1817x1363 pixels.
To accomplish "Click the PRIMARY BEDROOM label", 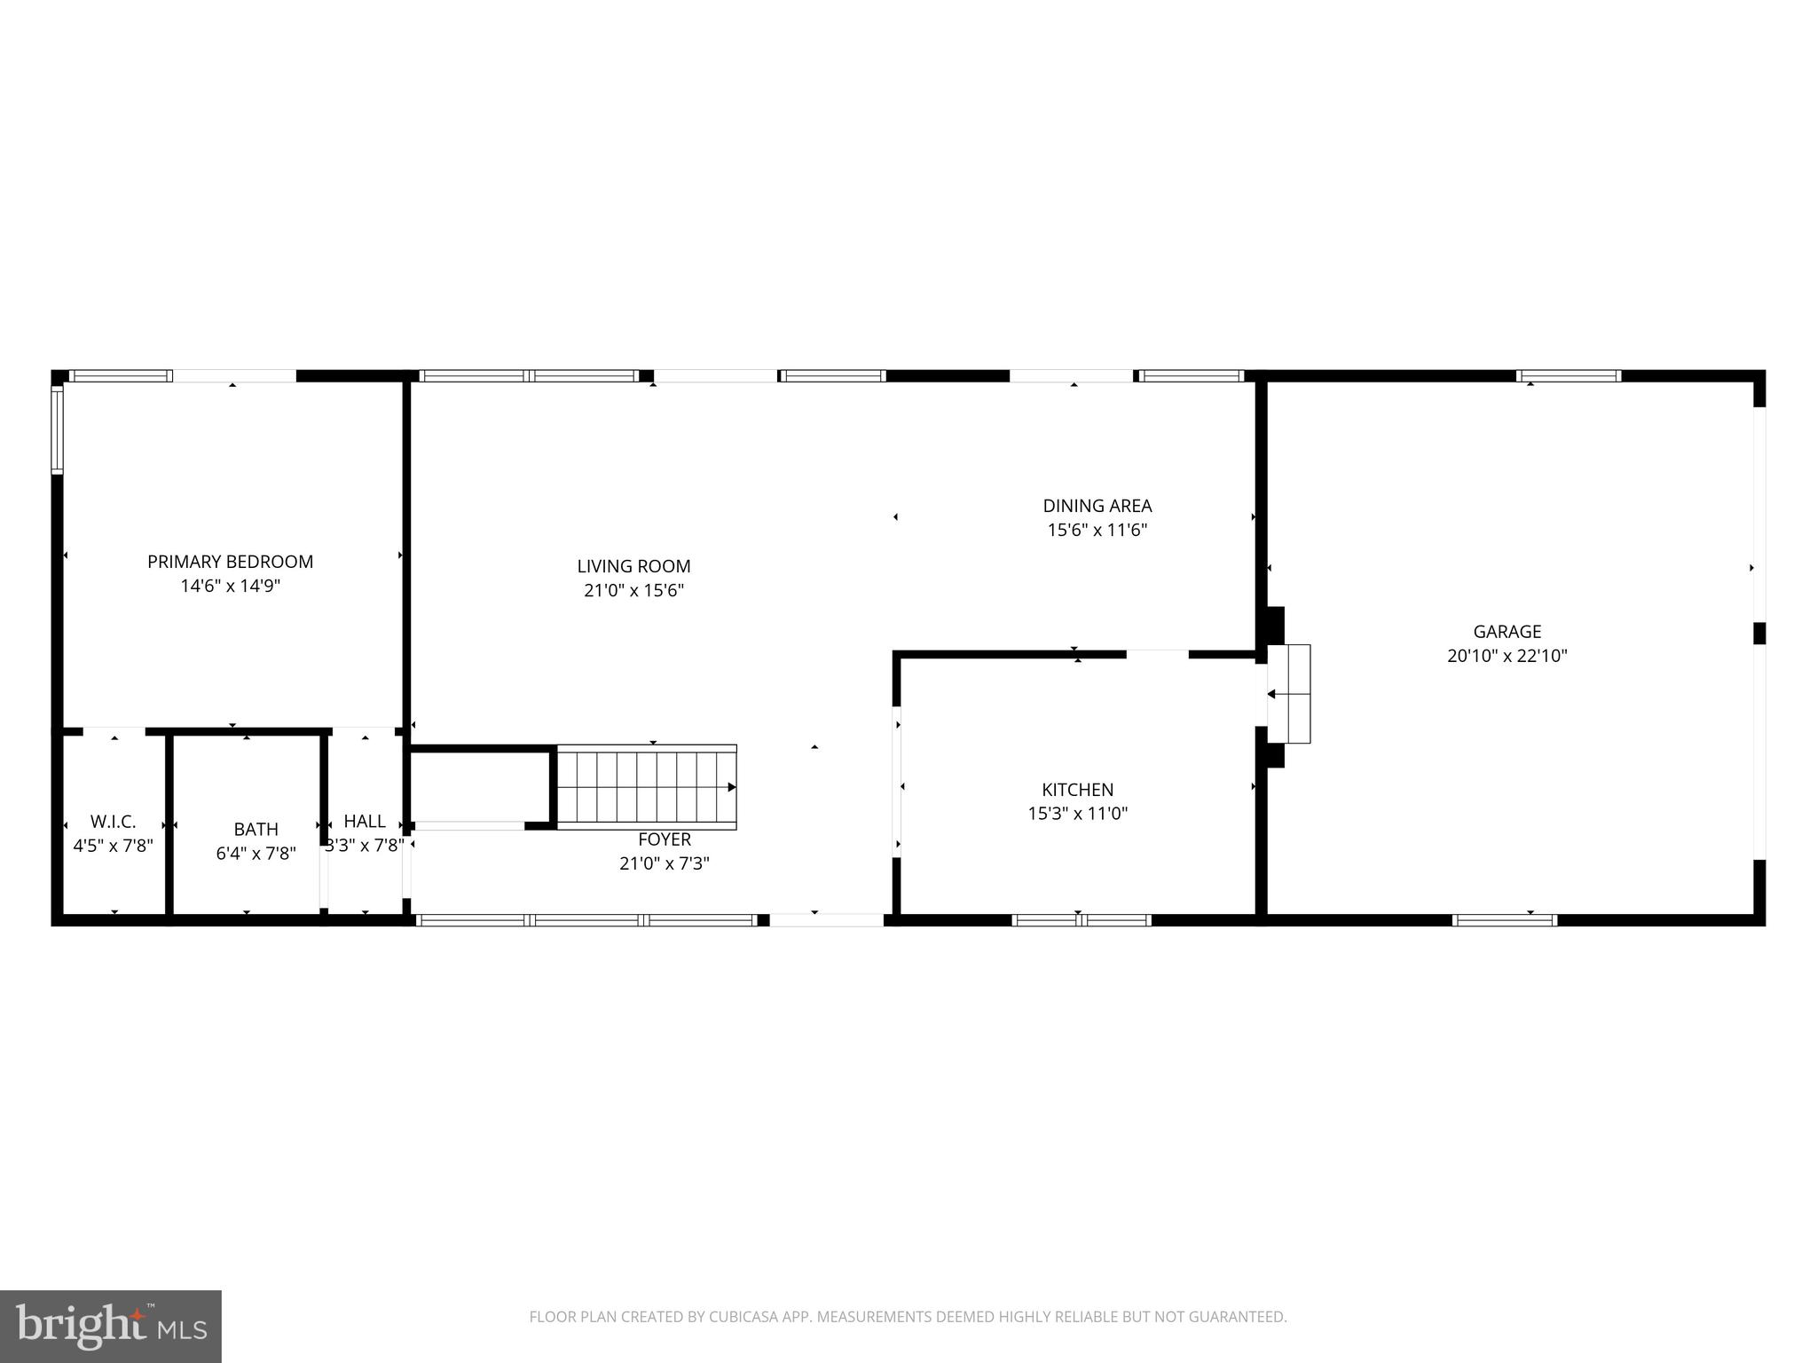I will point(230,562).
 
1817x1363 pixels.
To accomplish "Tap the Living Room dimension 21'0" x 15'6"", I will point(633,590).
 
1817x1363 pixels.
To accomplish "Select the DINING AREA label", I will point(1097,506).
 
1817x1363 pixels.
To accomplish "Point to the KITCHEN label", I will point(1077,790).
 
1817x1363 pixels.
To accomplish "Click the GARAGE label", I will point(1506,632).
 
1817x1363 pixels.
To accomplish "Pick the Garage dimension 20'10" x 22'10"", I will point(1506,657).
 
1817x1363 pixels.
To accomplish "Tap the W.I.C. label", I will point(113,823).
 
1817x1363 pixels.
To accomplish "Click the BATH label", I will point(256,830).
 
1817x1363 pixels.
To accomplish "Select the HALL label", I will point(365,822).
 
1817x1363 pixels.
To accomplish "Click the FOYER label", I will point(664,839).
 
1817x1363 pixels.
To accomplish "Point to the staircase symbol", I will point(646,787).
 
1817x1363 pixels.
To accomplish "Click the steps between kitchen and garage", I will point(1289,694).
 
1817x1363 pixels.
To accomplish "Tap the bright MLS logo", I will point(110,1327).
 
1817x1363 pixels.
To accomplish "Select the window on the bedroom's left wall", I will point(57,429).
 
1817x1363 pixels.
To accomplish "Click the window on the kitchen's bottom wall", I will point(1081,920).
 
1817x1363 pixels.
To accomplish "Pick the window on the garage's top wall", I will point(1569,376).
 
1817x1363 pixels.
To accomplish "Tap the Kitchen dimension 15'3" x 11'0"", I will point(1077,814).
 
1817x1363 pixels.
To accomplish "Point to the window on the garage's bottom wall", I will point(1505,920).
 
